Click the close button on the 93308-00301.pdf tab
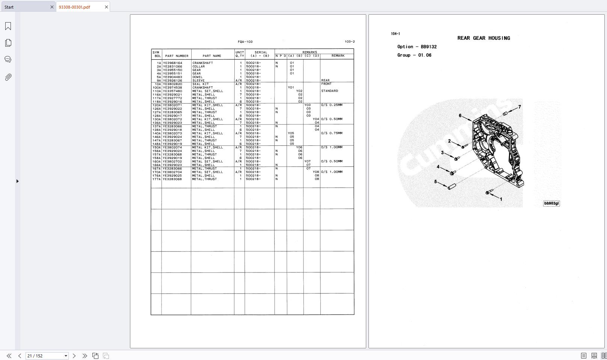[106, 7]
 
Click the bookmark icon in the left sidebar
[8, 26]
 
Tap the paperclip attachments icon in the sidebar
[8, 77]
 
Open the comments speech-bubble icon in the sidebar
[8, 59]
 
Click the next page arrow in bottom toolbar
[74, 356]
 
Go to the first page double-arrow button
[9, 356]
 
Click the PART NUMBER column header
[177, 56]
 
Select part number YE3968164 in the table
[172, 63]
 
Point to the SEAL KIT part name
[200, 84]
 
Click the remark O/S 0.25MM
[332, 105]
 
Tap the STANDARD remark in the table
[329, 91]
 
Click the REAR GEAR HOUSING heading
[483, 38]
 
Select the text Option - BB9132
[417, 47]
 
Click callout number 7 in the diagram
[519, 107]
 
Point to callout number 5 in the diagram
[435, 182]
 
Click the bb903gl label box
[551, 203]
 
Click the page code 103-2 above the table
[349, 42]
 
